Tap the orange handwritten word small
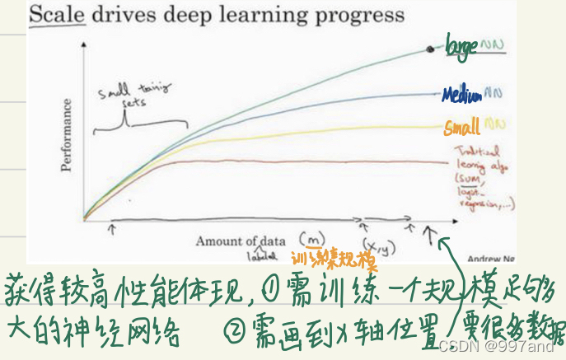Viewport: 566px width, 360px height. click(462, 129)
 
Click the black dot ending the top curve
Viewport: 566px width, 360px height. click(429, 50)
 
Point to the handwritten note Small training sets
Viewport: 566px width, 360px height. click(124, 97)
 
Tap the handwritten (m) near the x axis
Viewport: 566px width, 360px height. click(312, 238)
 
